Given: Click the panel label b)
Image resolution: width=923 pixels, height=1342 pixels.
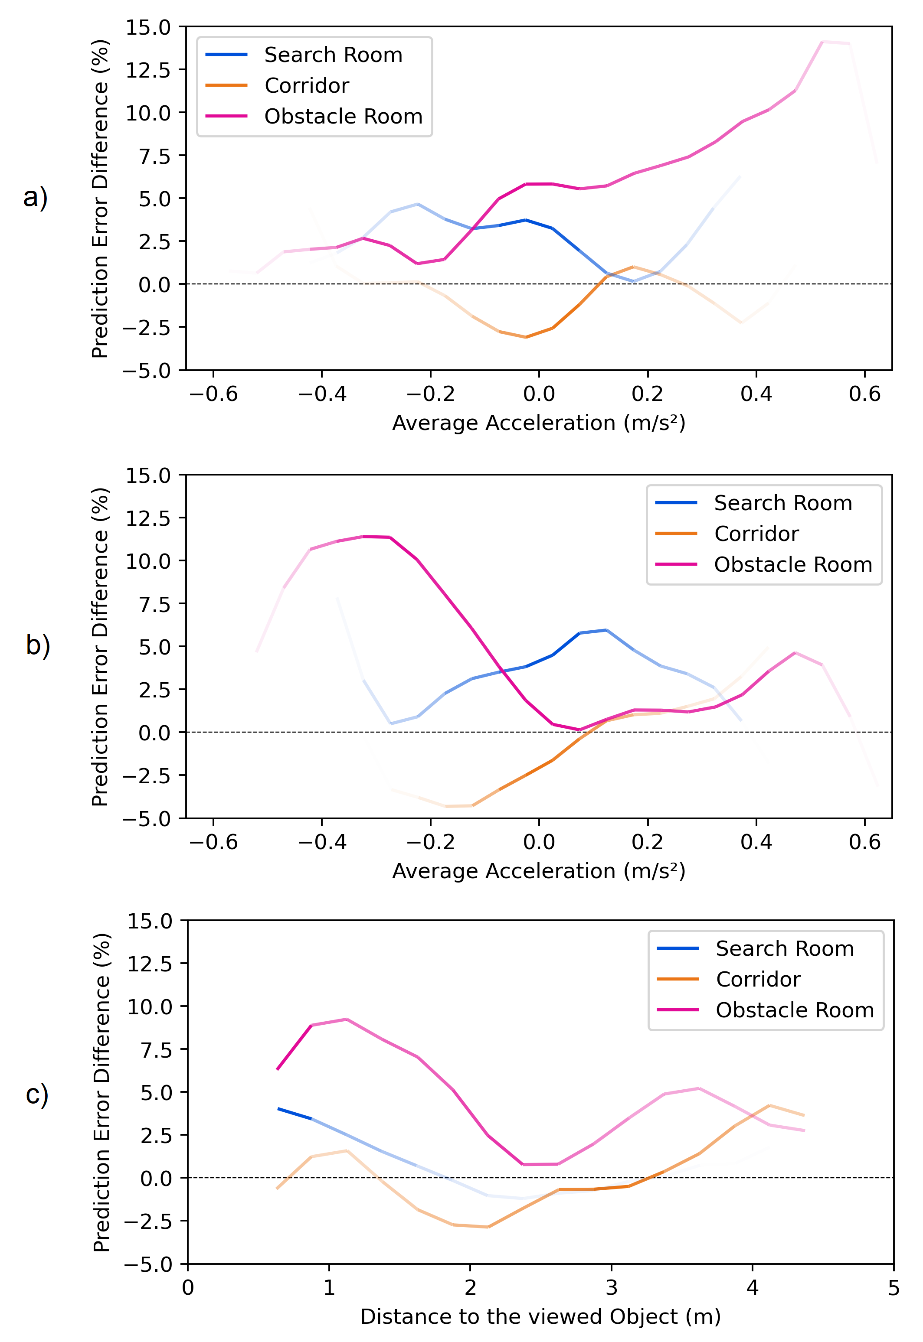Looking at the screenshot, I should pos(38,645).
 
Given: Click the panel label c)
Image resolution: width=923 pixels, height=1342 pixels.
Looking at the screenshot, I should pos(37,1094).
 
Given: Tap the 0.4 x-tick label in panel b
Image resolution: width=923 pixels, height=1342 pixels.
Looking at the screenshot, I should pos(756,842).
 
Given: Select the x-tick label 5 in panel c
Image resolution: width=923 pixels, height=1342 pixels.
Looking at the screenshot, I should pos(893,1288).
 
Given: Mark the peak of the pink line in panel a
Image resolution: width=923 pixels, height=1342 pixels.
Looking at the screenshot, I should pos(822,42).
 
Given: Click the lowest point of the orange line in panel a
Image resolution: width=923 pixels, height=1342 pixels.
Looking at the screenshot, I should pos(525,337).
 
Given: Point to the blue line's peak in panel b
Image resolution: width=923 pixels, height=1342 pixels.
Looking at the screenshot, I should pos(606,630).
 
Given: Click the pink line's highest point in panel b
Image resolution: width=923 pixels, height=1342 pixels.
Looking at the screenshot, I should pos(364,536).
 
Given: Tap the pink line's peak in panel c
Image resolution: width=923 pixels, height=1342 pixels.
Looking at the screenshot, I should pos(347,1019).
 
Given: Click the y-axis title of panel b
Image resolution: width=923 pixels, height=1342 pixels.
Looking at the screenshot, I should pos(100,646).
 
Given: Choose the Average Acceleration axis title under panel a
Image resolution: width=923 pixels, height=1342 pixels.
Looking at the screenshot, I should pos(538,423).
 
